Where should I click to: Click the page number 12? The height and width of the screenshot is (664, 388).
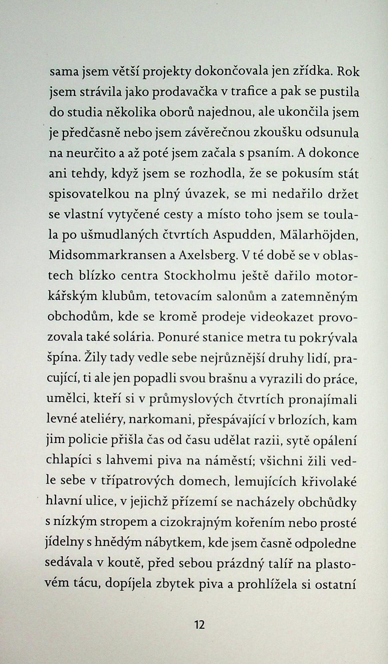pyautogui.click(x=200, y=624)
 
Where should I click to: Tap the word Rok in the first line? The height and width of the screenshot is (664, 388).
pyautogui.click(x=348, y=71)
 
